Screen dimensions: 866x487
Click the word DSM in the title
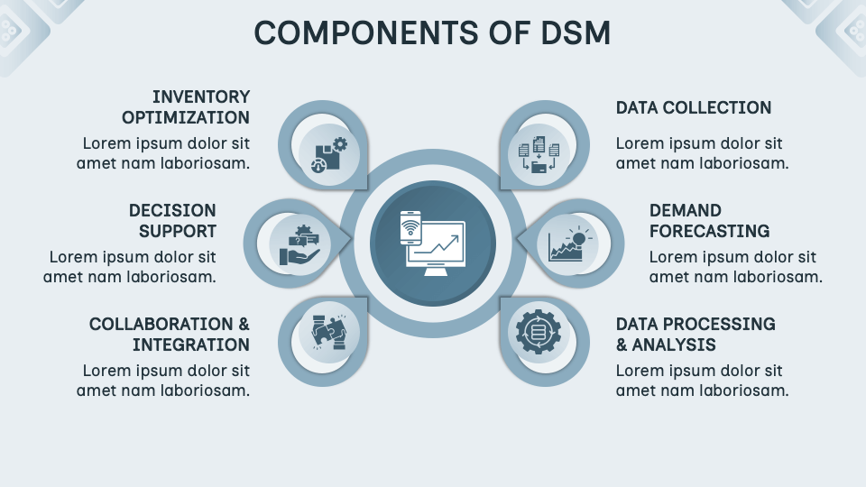(576, 32)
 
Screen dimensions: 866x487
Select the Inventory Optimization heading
(186, 107)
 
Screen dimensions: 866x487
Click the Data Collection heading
(694, 107)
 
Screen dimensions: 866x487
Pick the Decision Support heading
(172, 220)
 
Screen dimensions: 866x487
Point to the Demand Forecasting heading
(709, 220)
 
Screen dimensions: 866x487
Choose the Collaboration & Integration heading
(169, 334)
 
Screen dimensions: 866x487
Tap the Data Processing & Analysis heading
(696, 334)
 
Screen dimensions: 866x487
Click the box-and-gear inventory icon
(329, 155)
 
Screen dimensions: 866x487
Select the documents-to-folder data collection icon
(539, 154)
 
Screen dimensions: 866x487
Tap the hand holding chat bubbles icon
(299, 244)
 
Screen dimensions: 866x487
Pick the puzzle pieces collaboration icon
(329, 332)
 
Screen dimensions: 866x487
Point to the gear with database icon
(538, 332)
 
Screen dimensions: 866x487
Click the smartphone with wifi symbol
(410, 227)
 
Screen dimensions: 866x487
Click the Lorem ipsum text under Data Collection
(702, 153)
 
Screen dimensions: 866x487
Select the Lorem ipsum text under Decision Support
(130, 267)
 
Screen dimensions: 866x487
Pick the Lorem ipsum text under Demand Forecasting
(736, 267)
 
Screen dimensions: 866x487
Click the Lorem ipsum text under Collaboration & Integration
(163, 381)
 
